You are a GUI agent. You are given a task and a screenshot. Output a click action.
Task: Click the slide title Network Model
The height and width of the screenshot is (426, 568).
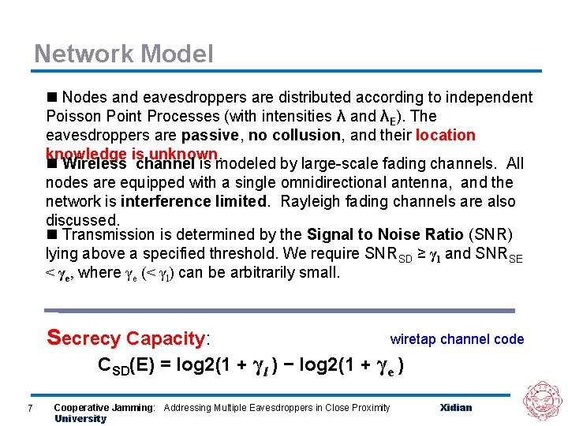(123, 54)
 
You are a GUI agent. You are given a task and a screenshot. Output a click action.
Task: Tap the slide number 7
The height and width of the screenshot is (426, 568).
(29, 408)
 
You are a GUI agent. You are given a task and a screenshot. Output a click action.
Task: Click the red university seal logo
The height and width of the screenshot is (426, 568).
(542, 400)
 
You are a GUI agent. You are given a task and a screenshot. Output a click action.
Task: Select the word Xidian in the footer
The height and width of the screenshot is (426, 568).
(456, 408)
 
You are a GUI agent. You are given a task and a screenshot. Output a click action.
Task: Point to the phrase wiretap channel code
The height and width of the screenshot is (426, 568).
(457, 339)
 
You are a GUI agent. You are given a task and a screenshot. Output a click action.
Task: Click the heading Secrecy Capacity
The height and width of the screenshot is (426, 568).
(129, 338)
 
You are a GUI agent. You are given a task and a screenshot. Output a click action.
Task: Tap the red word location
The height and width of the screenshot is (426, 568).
(445, 135)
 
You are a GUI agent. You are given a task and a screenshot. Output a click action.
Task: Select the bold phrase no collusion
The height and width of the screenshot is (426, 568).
(295, 135)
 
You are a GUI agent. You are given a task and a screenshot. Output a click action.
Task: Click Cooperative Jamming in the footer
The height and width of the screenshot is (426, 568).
(104, 408)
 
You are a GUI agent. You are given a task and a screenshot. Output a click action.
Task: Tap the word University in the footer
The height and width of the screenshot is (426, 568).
(80, 419)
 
